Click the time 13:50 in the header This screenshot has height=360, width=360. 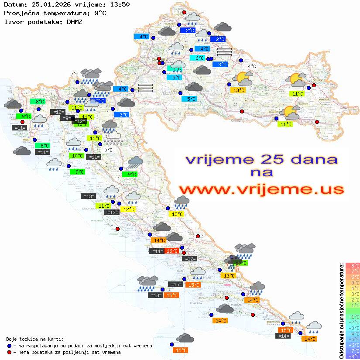[x=120, y=4]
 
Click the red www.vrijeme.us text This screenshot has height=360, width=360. [x=261, y=189]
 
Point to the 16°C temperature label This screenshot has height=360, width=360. [x=171, y=251]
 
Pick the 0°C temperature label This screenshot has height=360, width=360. [x=108, y=150]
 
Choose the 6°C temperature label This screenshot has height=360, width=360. [x=199, y=58]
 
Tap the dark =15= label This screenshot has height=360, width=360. [x=175, y=285]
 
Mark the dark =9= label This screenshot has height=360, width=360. [x=67, y=118]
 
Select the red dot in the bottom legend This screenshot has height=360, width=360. [x=10, y=352]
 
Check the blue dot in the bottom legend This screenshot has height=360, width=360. [x=10, y=346]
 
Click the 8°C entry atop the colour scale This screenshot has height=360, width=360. [x=353, y=266]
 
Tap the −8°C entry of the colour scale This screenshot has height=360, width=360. [x=353, y=357]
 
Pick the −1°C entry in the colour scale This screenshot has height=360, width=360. [x=353, y=316]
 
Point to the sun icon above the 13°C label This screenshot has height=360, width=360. [x=242, y=79]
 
